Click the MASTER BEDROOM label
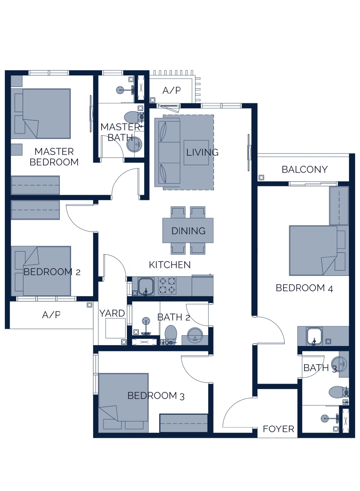click(x=54, y=157)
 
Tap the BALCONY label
click(x=305, y=169)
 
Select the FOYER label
click(x=278, y=429)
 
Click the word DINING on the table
click(x=188, y=231)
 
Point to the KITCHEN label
click(x=170, y=265)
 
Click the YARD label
click(x=112, y=313)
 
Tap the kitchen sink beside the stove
click(x=145, y=286)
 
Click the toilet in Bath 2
click(x=171, y=334)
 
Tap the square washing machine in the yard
click(x=115, y=329)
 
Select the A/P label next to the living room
click(x=171, y=90)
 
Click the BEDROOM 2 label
click(x=51, y=271)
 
